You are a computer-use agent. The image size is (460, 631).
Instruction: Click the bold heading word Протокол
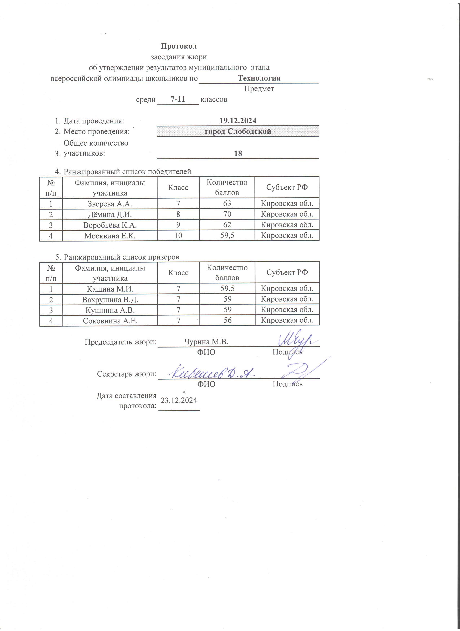coord(179,46)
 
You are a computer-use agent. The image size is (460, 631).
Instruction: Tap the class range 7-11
coord(178,99)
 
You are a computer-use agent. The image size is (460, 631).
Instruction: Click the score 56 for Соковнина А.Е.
coord(227,320)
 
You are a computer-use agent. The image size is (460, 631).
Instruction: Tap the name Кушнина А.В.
coord(110,310)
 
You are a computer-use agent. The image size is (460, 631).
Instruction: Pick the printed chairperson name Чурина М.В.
coord(206,342)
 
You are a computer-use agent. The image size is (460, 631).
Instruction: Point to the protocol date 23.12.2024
coord(179,400)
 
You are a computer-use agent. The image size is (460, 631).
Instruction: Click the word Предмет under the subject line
coord(259,89)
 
